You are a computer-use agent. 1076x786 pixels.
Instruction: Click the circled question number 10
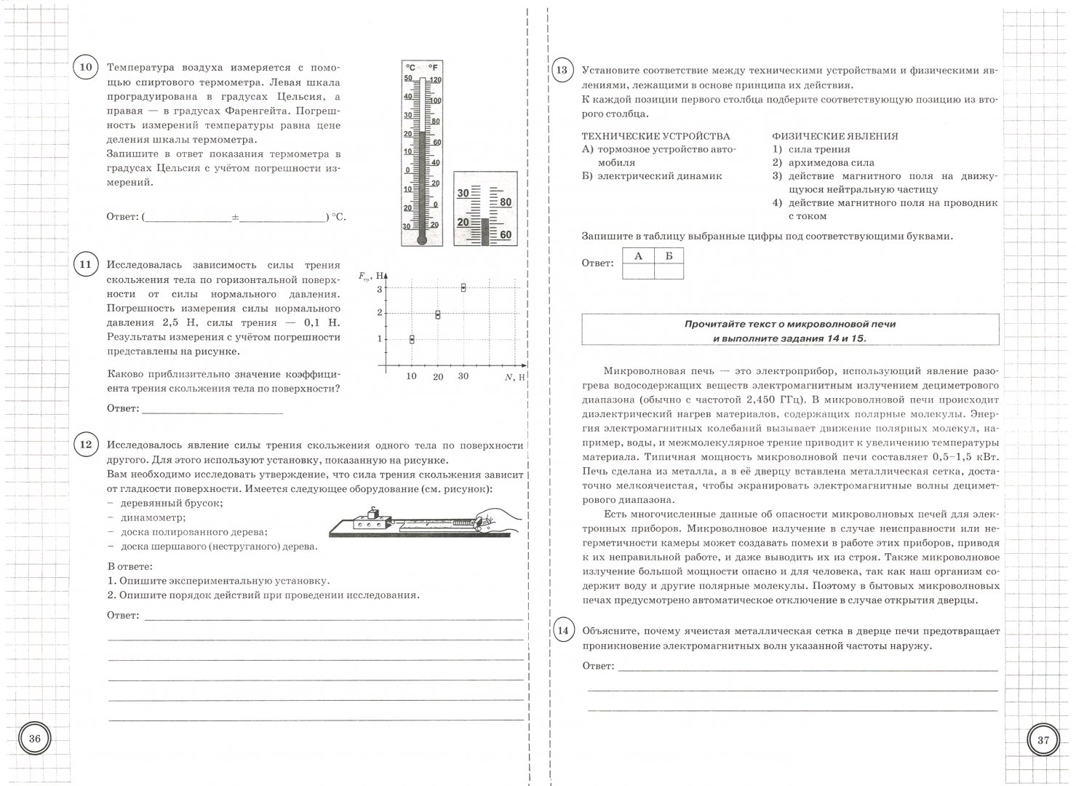coord(85,68)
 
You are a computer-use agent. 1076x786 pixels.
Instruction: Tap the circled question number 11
coord(85,264)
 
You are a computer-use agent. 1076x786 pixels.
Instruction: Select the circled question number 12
coord(85,445)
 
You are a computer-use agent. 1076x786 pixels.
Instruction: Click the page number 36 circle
coord(35,739)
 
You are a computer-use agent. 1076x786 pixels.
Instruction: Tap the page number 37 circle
coord(1043,739)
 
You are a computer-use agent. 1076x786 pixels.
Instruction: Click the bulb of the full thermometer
coord(421,237)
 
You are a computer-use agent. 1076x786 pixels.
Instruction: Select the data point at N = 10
coord(412,339)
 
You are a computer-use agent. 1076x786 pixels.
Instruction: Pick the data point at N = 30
coord(463,287)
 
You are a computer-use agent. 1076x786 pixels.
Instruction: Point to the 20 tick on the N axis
coord(437,376)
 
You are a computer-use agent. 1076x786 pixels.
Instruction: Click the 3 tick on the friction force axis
coord(379,288)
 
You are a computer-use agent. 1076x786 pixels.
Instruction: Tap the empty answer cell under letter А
coord(638,271)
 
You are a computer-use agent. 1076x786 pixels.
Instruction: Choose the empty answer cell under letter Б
coord(669,271)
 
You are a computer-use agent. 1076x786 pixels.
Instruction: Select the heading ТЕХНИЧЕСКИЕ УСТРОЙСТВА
coord(655,136)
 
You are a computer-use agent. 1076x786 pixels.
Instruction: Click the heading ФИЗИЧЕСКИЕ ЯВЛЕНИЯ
coord(834,136)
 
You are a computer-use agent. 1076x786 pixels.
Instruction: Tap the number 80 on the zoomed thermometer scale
coord(505,202)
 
